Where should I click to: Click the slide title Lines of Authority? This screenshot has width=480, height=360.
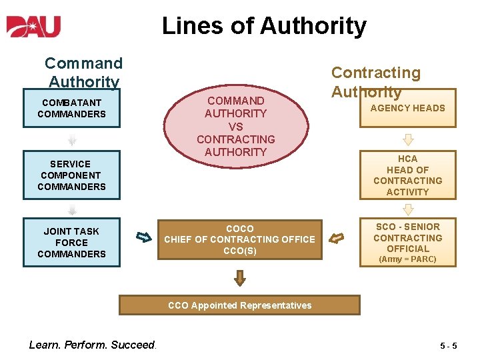click(x=264, y=26)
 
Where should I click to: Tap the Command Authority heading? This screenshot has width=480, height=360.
click(x=84, y=73)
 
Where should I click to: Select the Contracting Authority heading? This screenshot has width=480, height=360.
click(x=375, y=82)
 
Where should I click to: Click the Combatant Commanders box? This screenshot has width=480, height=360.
click(x=71, y=108)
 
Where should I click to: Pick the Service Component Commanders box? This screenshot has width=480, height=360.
click(x=71, y=175)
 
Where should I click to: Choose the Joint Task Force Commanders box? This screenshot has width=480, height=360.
click(x=71, y=243)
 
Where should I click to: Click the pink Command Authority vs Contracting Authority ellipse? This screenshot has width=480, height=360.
click(x=236, y=126)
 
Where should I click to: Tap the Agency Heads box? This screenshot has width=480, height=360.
click(x=407, y=108)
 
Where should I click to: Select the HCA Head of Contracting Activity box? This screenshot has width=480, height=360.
click(x=407, y=175)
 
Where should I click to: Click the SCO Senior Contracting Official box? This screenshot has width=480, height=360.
click(x=407, y=243)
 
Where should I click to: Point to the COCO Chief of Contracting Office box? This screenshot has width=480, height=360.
click(x=240, y=240)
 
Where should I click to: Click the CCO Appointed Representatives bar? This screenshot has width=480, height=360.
click(x=239, y=305)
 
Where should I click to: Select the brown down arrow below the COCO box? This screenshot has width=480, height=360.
click(x=240, y=277)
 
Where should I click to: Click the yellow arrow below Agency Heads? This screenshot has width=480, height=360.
click(x=408, y=140)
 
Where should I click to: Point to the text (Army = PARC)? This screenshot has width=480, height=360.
click(x=407, y=259)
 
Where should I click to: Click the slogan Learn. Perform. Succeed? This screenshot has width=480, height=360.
click(x=92, y=345)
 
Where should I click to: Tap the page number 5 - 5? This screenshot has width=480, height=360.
click(x=448, y=346)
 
